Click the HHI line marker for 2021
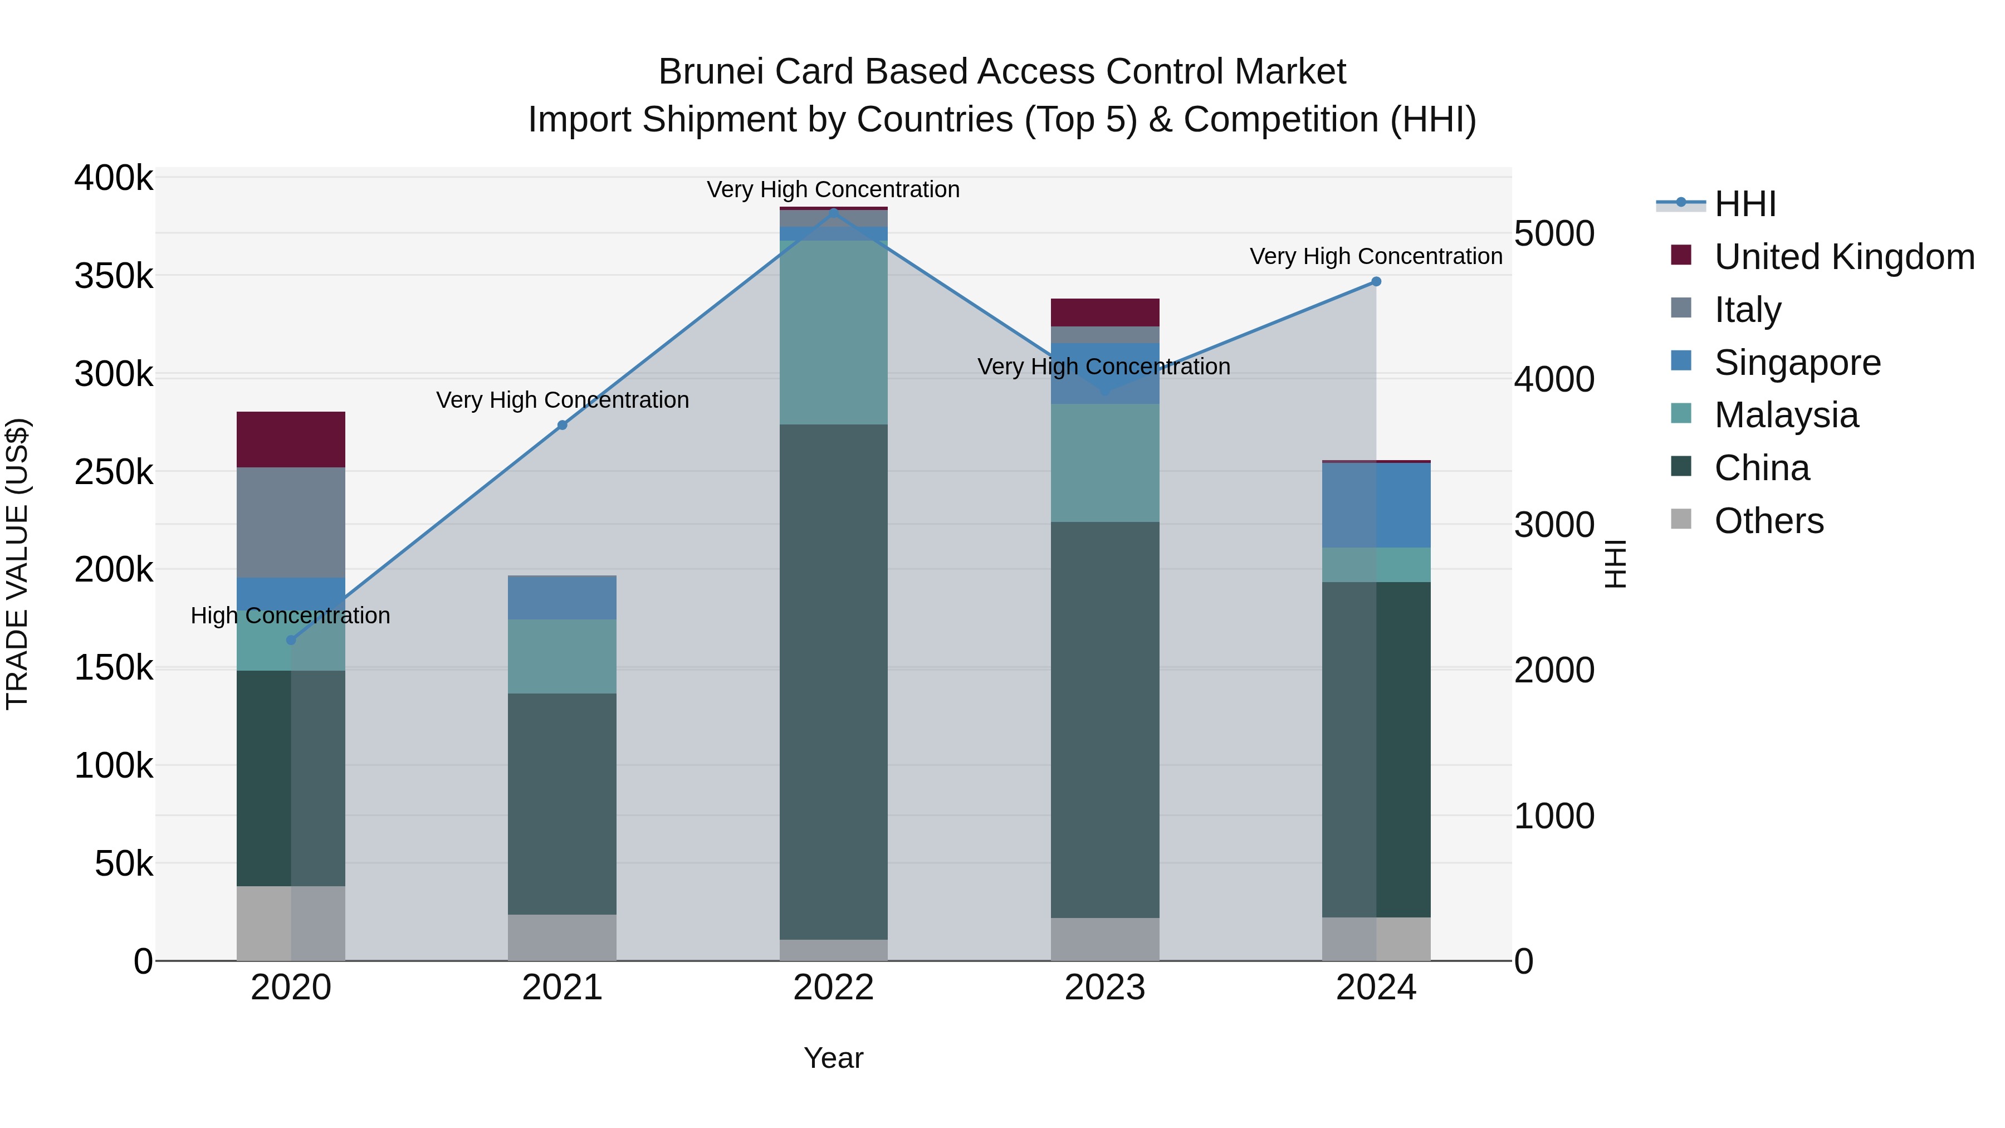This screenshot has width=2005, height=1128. (x=562, y=425)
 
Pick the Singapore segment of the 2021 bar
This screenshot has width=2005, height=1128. (x=562, y=597)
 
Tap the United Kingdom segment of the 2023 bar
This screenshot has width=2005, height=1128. (x=1104, y=312)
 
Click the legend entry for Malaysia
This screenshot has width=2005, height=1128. (x=1786, y=415)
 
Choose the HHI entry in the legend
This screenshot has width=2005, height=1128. (x=1744, y=204)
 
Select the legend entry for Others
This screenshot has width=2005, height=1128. (x=1768, y=521)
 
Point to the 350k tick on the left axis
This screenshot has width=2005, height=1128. (x=114, y=276)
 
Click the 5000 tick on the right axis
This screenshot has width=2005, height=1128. (x=1553, y=233)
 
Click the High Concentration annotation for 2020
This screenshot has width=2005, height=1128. (x=290, y=616)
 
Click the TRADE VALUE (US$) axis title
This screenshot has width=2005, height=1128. (x=17, y=564)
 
